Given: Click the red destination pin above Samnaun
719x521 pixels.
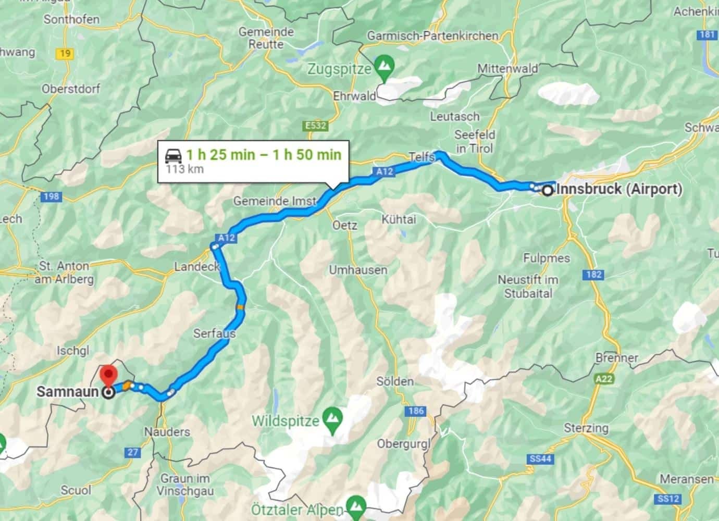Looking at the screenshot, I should [108, 374].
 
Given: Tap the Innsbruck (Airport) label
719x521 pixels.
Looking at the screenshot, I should [619, 189].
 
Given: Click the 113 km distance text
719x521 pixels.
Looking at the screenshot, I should [184, 169].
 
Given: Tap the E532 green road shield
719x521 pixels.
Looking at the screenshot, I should [315, 126].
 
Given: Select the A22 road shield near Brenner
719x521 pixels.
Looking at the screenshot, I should [603, 379].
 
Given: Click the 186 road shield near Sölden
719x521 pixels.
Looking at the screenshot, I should [416, 411].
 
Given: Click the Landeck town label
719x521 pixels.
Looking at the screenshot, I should [197, 267].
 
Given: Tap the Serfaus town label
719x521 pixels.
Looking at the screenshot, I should [214, 333].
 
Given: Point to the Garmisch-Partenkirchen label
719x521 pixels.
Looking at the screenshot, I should [432, 36].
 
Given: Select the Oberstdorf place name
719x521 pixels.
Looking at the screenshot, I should [71, 89].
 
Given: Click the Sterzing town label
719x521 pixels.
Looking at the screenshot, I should [586, 428].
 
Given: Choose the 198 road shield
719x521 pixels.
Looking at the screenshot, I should [50, 196].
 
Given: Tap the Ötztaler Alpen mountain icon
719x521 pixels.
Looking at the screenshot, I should [357, 504].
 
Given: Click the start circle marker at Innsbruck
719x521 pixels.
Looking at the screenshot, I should [548, 191].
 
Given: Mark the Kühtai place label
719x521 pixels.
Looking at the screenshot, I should [399, 219].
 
